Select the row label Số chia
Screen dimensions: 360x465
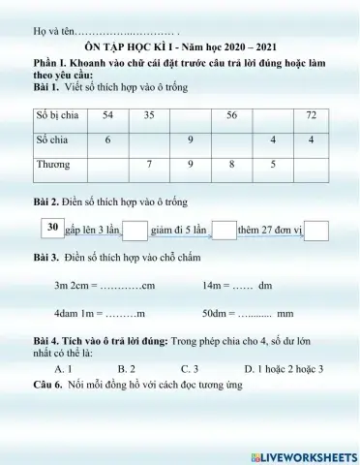pos(52,140)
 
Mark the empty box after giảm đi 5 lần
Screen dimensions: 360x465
pos(223,231)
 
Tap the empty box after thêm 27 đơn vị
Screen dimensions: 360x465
pos(316,231)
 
